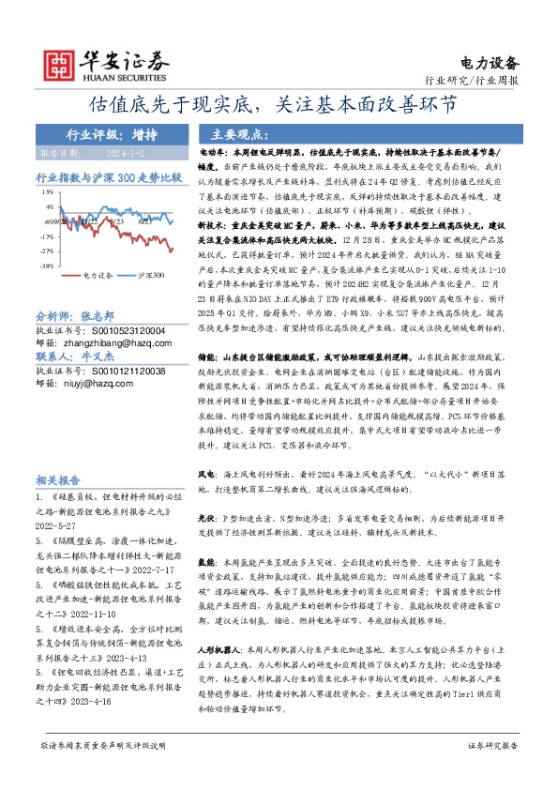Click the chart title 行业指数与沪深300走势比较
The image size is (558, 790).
108,177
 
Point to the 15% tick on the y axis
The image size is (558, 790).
47,192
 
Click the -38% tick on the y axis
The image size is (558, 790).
46,266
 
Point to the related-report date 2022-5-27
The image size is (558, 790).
70,527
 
